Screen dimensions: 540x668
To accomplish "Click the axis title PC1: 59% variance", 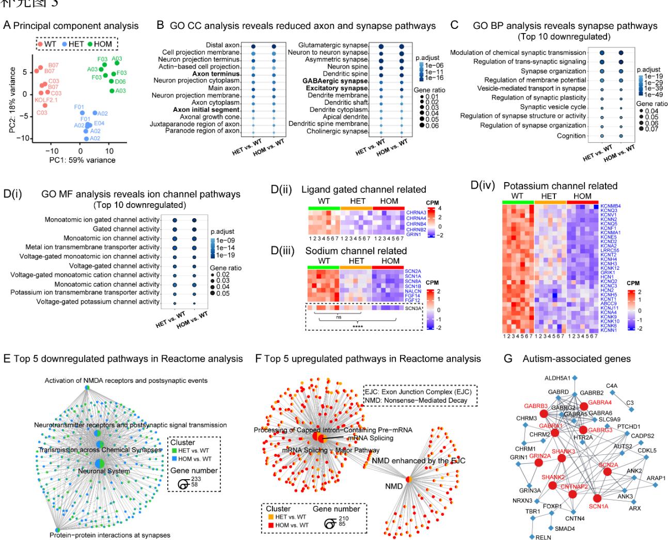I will pos(82,160).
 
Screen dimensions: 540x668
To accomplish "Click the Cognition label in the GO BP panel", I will pos(571,136).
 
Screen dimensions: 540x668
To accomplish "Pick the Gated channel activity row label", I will pos(126,229).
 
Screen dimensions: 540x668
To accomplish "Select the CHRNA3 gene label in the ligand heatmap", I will pos(416,212).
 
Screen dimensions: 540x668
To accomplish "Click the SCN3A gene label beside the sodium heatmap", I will pos(412,308).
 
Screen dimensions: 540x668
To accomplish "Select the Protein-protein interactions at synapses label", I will pos(109,535).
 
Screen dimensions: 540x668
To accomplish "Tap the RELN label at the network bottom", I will pos(544,537).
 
